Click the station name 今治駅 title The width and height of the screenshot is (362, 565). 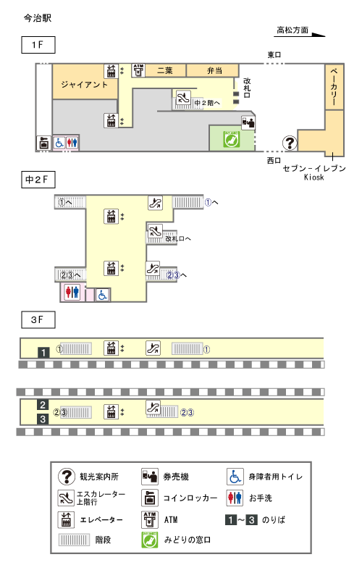pos(38,18)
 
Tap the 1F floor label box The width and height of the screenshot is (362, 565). pos(38,45)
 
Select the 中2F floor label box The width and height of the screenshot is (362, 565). pos(38,180)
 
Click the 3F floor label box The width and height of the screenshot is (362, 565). pos(38,319)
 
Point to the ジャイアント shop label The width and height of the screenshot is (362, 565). pos(85,85)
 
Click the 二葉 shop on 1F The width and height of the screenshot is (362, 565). pos(165,71)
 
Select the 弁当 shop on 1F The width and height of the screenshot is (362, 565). pos(213,71)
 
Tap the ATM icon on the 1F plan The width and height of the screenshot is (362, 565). pos(138,71)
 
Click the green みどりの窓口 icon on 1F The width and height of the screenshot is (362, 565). pos(231,140)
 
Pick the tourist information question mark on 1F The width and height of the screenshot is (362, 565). pos(290,143)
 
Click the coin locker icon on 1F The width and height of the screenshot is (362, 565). pos(44,143)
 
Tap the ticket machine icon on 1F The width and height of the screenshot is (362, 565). pos(248,122)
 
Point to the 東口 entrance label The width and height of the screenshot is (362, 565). pos(274,55)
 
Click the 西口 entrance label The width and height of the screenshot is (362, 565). pos(274,160)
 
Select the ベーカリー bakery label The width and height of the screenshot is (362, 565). pos(334,86)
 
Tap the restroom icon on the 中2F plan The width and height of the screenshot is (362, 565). pos(72,291)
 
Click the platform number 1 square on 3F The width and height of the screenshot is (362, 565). pos(43,353)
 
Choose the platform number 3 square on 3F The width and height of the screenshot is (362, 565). pos(43,419)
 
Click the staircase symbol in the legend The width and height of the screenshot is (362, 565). pos(74,540)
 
